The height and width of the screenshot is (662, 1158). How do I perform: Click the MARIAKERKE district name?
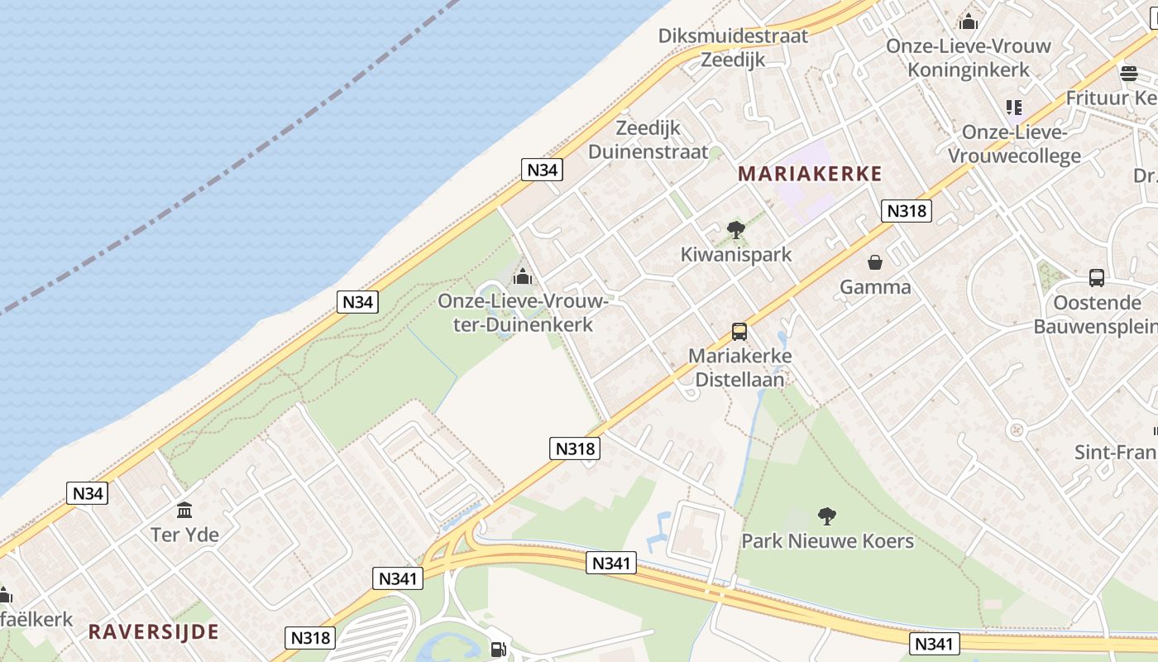tap(810, 174)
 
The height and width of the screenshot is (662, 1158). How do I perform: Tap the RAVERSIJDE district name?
tap(154, 631)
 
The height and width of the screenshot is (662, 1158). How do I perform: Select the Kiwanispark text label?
tap(736, 254)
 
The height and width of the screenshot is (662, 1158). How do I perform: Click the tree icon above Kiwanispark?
tap(735, 230)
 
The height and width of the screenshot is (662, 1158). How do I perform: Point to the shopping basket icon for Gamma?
tap(875, 263)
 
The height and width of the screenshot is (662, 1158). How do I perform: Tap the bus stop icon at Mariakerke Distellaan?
tap(739, 332)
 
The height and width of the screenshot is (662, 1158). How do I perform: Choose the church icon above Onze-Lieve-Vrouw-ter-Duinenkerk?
tap(523, 276)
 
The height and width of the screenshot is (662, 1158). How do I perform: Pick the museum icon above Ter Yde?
tap(184, 510)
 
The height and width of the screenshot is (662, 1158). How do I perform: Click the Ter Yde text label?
tap(184, 535)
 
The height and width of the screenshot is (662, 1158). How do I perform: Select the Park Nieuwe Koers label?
tap(827, 541)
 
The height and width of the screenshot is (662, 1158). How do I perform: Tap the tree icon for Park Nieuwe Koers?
tap(826, 517)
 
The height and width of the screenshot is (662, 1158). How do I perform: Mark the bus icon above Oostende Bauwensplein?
tap(1097, 278)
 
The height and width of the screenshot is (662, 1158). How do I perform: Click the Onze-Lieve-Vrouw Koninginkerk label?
tap(969, 58)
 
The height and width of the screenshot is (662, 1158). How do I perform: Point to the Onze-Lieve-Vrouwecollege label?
tap(1014, 144)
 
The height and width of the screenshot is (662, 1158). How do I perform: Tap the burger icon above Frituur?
tap(1129, 73)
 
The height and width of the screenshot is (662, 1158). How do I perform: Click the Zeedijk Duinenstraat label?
tap(648, 140)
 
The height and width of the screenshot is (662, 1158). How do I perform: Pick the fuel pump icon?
tap(498, 650)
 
